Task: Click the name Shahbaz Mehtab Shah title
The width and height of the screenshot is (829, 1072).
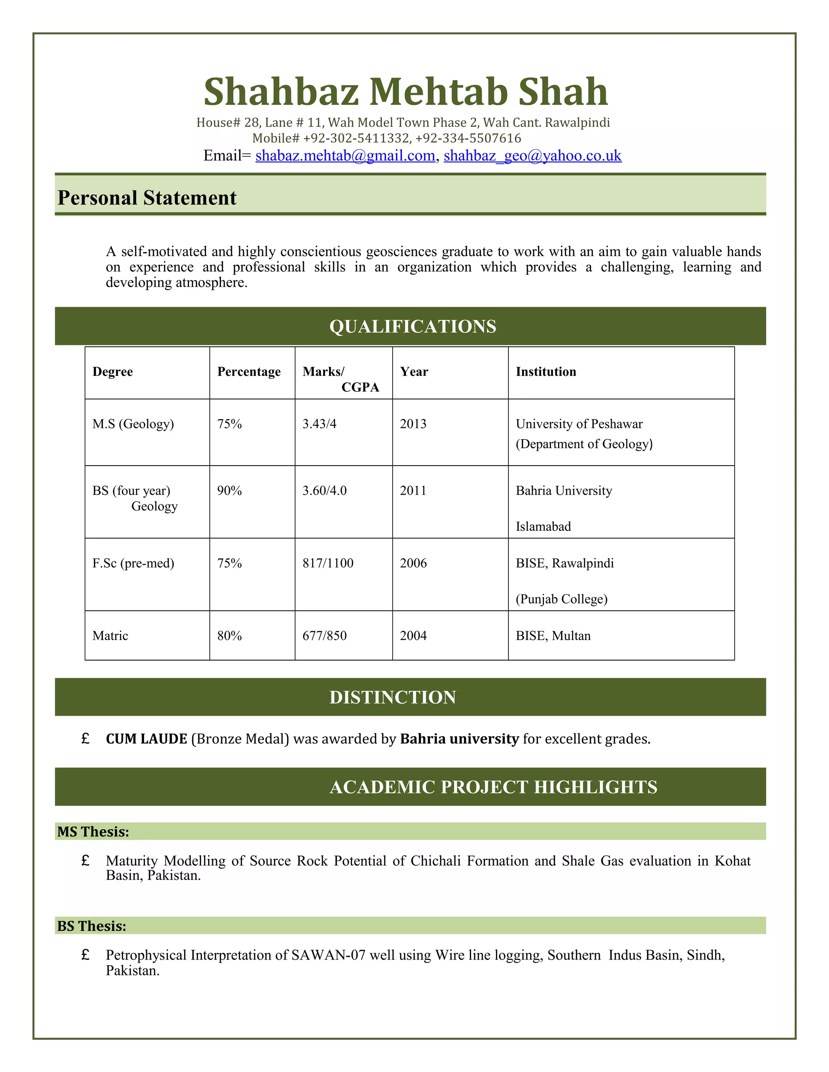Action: tap(406, 92)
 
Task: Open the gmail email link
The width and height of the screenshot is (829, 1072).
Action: tap(345, 156)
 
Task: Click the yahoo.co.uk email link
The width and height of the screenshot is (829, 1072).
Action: tap(532, 156)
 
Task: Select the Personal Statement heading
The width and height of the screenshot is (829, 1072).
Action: tap(147, 198)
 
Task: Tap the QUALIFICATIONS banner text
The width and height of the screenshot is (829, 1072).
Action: tap(412, 326)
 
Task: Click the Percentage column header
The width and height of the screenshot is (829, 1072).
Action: tap(249, 372)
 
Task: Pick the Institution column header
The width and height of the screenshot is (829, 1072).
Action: tap(546, 372)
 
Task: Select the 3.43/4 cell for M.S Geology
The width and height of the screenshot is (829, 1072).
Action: tap(319, 424)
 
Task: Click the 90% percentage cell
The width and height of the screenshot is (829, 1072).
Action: tap(230, 490)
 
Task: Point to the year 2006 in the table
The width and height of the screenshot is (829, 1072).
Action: tap(413, 563)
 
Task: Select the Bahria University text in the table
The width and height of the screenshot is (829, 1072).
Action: tap(564, 490)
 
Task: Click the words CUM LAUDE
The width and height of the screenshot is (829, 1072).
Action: tap(147, 739)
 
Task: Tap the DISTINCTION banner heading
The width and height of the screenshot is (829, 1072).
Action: tap(392, 697)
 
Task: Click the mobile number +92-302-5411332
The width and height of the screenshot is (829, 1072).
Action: tap(356, 138)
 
